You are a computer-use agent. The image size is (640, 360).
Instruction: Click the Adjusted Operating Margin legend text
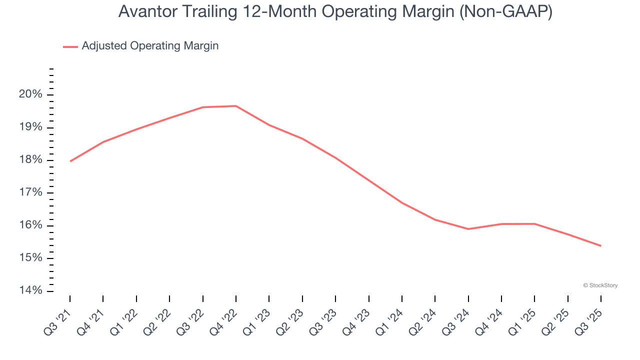coord(150,46)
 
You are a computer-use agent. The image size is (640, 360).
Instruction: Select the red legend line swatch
coord(70,46)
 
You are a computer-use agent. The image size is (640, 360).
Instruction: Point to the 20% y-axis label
coord(29,95)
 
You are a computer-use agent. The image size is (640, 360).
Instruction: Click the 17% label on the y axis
coord(29,193)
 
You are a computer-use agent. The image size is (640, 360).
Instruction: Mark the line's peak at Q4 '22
coord(236,106)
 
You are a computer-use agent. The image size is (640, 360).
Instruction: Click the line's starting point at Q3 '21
coord(70,161)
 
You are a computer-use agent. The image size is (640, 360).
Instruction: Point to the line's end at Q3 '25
coord(600,245)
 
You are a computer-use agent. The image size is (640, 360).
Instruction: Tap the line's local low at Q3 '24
coord(468,229)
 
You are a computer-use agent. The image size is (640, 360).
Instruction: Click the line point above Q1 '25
coord(534,223)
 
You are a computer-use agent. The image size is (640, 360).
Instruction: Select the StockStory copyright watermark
coord(600,285)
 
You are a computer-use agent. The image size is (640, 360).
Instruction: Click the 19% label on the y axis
coord(29,127)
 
